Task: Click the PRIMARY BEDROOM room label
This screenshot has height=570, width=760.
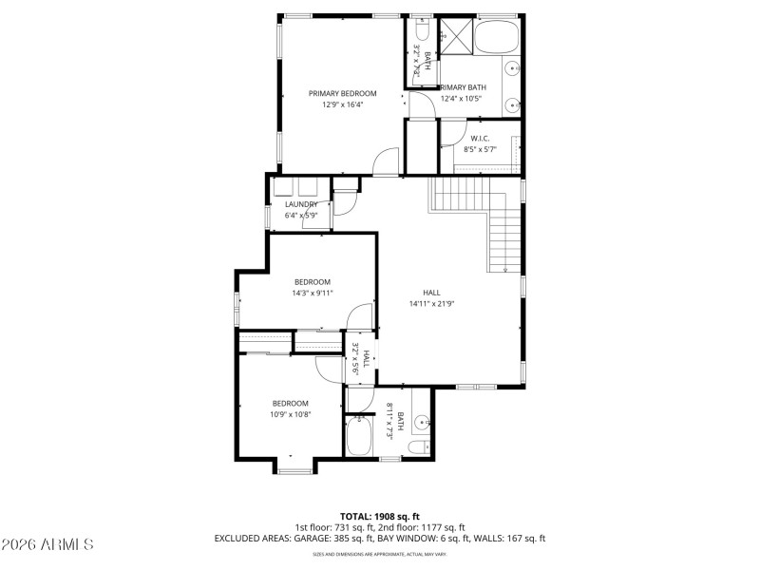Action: pos(342,93)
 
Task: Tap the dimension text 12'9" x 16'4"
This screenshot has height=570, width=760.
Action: pos(342,104)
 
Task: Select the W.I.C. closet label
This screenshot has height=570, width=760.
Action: pos(480,138)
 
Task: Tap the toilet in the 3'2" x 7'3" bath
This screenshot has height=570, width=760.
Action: pos(419,29)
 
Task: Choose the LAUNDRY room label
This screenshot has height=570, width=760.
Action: pos(301,204)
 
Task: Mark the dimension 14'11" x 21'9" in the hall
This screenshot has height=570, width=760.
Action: pos(431,304)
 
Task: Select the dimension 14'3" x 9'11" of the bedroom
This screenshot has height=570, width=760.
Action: pos(312,294)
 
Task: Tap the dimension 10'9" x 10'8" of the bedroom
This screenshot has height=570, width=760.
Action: pos(291,414)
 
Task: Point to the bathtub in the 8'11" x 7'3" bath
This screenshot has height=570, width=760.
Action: pos(360,438)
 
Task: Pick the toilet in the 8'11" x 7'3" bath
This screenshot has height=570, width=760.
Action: pos(418,446)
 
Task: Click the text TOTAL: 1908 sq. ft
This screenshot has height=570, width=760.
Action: pos(380,516)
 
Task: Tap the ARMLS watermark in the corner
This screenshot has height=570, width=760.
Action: pos(47,544)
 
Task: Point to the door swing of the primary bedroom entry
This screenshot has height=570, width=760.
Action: pos(387,162)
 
